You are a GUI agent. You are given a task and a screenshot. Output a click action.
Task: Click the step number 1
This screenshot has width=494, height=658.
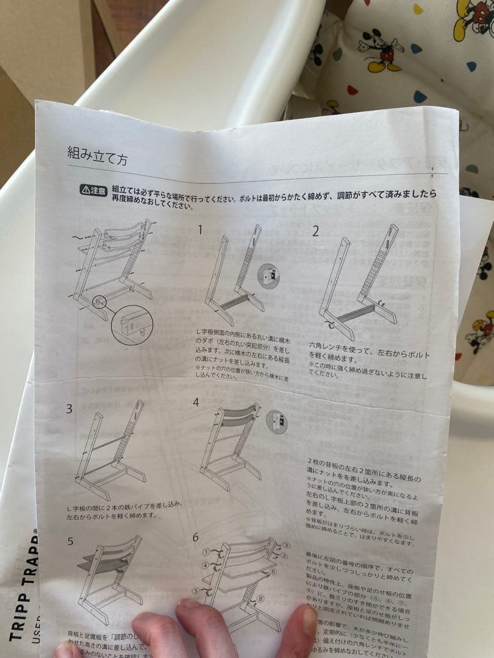coord(199,229)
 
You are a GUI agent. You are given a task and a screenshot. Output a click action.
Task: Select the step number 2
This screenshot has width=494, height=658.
coord(315,231)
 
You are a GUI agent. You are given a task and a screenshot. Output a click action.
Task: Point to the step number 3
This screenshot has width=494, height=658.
coord(70,408)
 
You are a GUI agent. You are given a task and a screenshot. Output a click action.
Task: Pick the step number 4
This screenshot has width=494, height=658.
coord(196,402)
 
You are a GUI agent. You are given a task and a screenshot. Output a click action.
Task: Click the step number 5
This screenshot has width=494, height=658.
coord(70,541)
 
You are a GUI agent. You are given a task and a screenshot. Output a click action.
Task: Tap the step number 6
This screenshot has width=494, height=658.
coord(196,537)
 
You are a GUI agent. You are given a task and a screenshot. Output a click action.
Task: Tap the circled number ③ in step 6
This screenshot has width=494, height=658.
coord(286,544)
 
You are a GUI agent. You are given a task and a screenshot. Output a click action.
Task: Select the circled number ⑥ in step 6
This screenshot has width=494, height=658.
coord(273,571)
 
